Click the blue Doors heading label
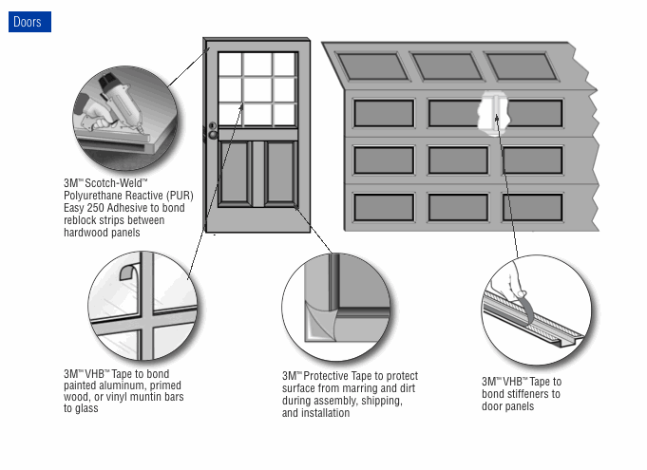tap(29, 22)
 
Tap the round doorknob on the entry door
tap(213, 135)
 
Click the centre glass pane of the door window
tap(257, 89)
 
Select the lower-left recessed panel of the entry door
tap(235, 173)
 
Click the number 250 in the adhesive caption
tap(96, 208)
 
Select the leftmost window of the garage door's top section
tap(372, 66)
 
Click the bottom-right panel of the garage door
tap(532, 207)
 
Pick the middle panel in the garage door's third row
tap(458, 160)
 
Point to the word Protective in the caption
tap(326, 376)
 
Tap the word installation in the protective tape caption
tap(326, 413)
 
